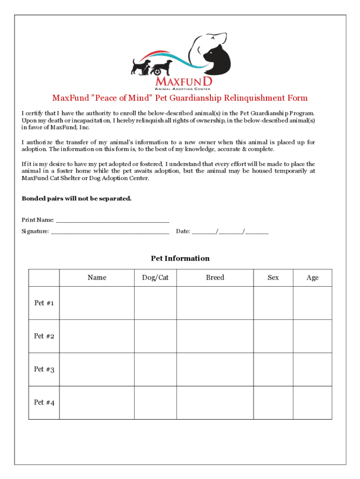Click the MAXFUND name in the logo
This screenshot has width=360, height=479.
click(x=183, y=82)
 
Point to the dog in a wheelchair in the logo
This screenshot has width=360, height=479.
click(x=160, y=67)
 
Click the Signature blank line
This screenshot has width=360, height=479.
click(x=110, y=232)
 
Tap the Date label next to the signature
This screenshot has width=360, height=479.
click(x=183, y=232)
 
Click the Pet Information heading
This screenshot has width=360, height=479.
click(x=180, y=258)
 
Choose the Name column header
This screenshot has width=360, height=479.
click(x=97, y=277)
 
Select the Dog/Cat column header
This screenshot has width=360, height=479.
click(x=155, y=277)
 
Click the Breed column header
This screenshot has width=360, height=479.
click(x=215, y=277)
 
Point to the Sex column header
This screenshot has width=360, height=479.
click(x=273, y=277)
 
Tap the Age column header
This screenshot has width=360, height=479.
click(x=312, y=277)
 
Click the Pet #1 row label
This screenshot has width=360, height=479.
click(x=44, y=303)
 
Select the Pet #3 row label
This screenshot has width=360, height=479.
click(x=44, y=370)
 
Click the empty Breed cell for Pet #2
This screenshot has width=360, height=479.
click(x=215, y=336)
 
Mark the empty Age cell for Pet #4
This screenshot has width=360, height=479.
click(x=312, y=403)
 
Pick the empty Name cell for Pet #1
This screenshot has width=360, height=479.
click(x=97, y=303)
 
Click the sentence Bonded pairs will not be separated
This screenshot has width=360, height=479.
click(x=77, y=198)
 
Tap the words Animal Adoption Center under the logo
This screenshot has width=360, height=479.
click(x=183, y=88)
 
